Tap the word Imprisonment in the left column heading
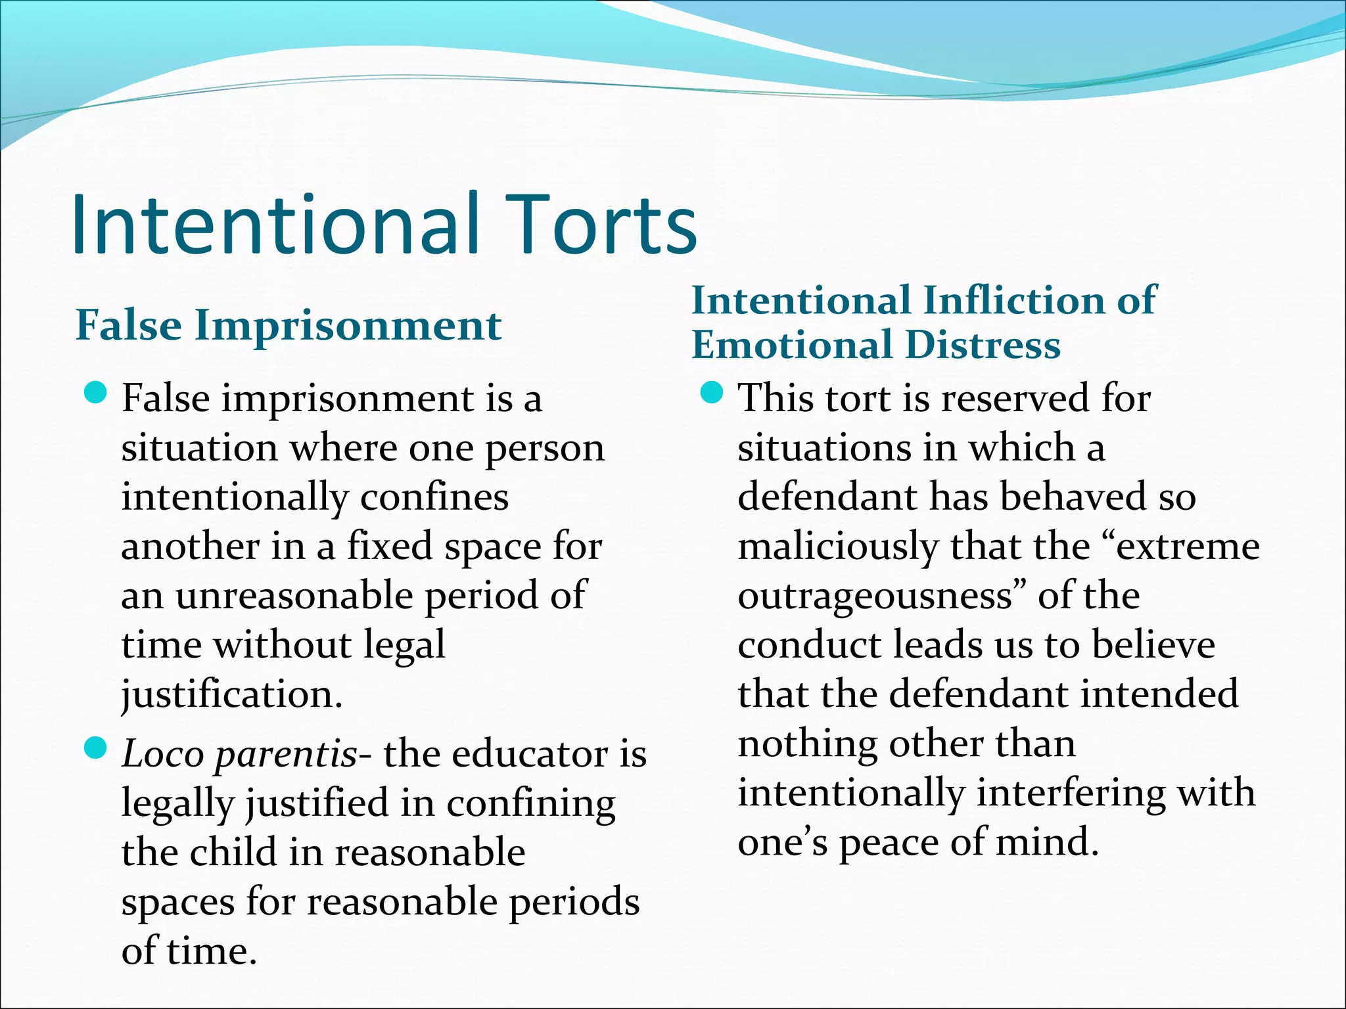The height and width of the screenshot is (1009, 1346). coord(348,326)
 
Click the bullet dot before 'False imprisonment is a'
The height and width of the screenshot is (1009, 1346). coord(96,394)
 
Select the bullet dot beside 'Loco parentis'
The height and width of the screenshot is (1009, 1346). coord(96,748)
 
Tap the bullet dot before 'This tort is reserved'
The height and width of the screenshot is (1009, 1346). coord(712,394)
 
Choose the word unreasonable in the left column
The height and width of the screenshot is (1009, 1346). coord(295,596)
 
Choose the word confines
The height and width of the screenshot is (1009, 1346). coord(434,497)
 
